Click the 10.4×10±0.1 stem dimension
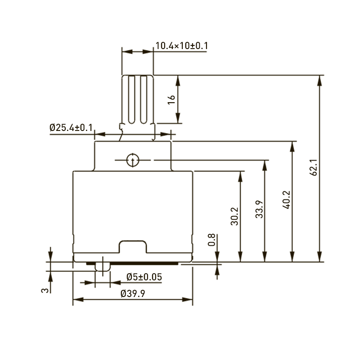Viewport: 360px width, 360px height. point(181,45)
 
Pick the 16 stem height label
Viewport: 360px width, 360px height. point(171,99)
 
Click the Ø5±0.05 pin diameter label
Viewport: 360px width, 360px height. point(144,276)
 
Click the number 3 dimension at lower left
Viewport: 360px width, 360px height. point(45,291)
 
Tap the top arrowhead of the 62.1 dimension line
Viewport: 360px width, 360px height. point(319,79)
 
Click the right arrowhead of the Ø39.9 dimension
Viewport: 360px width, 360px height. point(189,300)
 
